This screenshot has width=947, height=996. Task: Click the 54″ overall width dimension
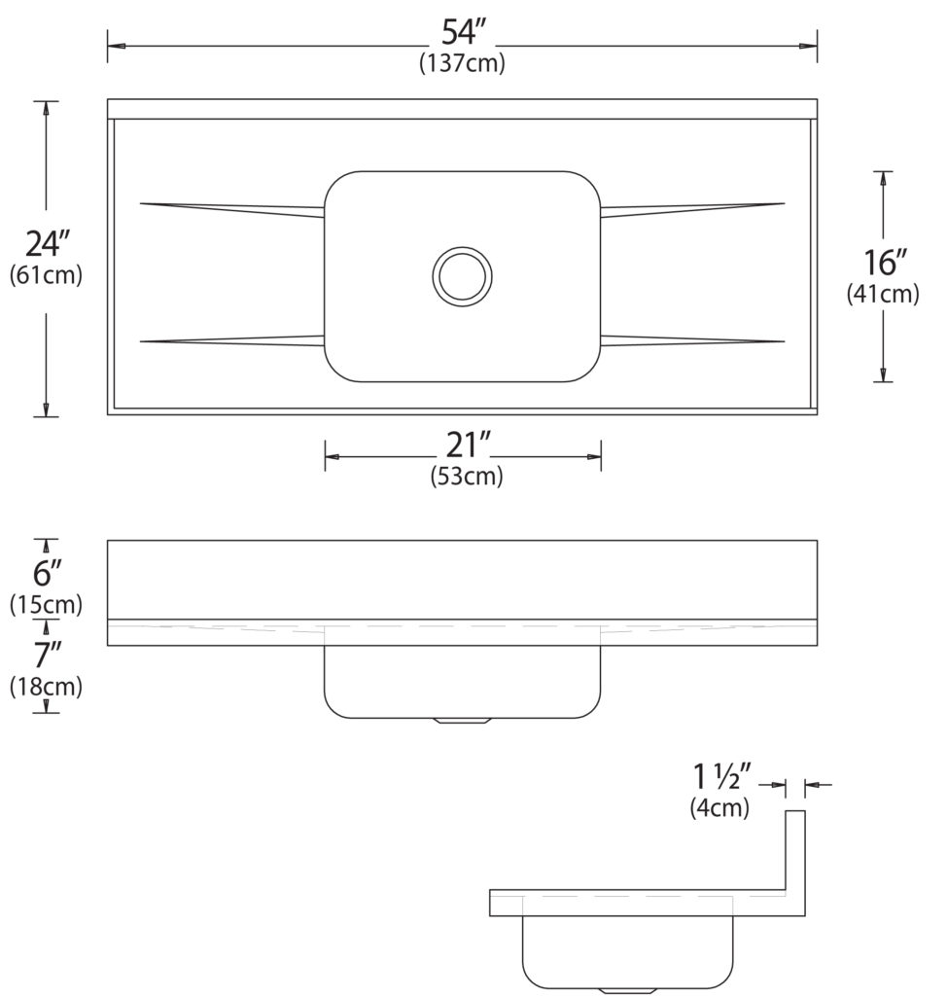click(463, 33)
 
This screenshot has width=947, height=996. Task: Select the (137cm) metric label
click(462, 64)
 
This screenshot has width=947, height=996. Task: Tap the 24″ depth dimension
click(46, 243)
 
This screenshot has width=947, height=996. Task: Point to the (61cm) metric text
click(46, 275)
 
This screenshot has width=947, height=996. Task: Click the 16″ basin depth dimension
click(885, 262)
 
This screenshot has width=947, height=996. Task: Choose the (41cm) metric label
click(883, 293)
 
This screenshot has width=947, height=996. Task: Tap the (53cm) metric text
click(466, 478)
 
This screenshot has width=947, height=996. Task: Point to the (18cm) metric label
click(46, 687)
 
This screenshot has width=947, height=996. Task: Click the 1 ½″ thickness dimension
click(722, 777)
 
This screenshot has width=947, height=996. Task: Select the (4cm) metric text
click(719, 807)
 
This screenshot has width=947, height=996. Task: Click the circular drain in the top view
click(462, 274)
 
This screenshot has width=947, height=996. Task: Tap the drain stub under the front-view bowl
click(463, 722)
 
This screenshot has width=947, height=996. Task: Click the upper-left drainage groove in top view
click(233, 208)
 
